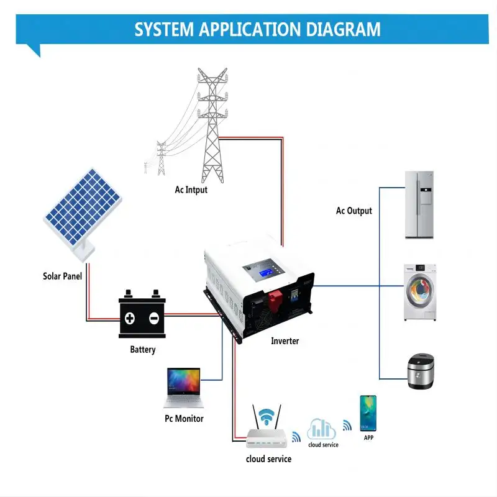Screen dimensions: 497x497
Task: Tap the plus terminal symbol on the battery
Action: click(x=130, y=319)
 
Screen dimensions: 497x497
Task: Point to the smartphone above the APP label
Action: click(x=368, y=413)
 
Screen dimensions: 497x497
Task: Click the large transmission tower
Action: click(x=212, y=124)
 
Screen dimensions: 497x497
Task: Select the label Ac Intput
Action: click(x=191, y=189)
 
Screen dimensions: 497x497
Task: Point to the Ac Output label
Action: click(x=354, y=211)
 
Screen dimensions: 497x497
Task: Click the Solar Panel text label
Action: click(x=63, y=276)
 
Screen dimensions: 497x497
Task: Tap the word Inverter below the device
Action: click(x=285, y=341)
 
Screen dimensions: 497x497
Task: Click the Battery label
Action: click(x=143, y=350)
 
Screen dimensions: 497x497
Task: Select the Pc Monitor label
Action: click(x=184, y=419)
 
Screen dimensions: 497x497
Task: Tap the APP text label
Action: click(x=368, y=438)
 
